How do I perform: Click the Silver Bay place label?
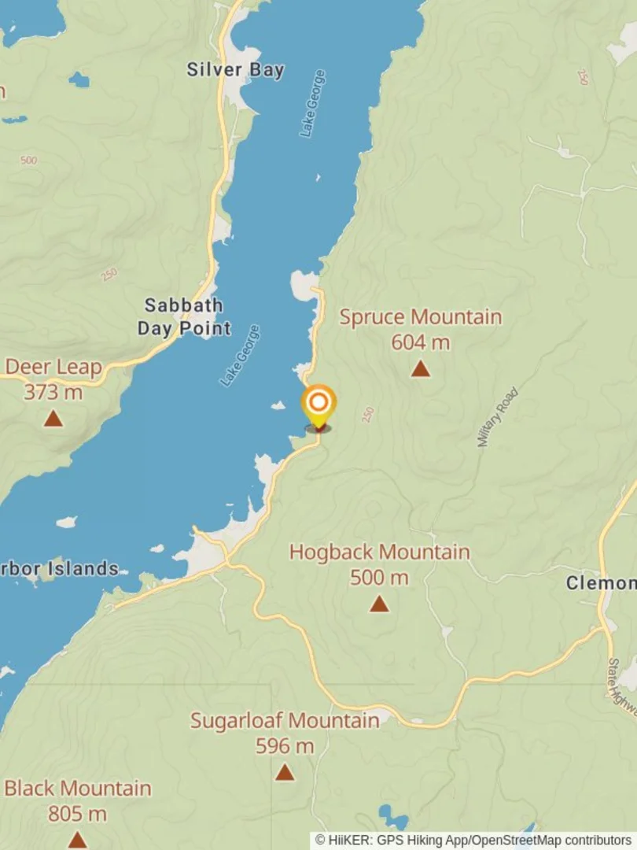pyautogui.click(x=234, y=69)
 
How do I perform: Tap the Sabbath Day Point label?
pyautogui.click(x=184, y=316)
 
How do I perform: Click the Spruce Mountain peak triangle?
pyautogui.click(x=421, y=368)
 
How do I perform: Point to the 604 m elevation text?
pyautogui.click(x=420, y=342)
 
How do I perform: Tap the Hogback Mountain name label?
pyautogui.click(x=379, y=552)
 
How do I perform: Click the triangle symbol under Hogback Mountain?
pyautogui.click(x=379, y=604)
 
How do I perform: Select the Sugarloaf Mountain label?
pyautogui.click(x=285, y=720)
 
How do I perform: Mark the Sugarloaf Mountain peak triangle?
pyautogui.click(x=285, y=772)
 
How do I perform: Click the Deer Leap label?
pyautogui.click(x=53, y=367)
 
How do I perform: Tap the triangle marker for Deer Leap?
pyautogui.click(x=53, y=418)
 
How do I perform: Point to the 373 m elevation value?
pyautogui.click(x=53, y=392)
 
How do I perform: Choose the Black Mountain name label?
pyautogui.click(x=77, y=788)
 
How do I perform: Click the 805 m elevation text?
pyautogui.click(x=77, y=814)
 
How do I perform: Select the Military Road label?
pyautogui.click(x=498, y=417)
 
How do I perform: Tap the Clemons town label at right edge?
pyautogui.click(x=602, y=583)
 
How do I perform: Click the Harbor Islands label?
pyautogui.click(x=60, y=568)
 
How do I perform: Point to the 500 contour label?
pyautogui.click(x=28, y=161)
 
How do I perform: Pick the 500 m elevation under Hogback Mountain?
pyautogui.click(x=379, y=578)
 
